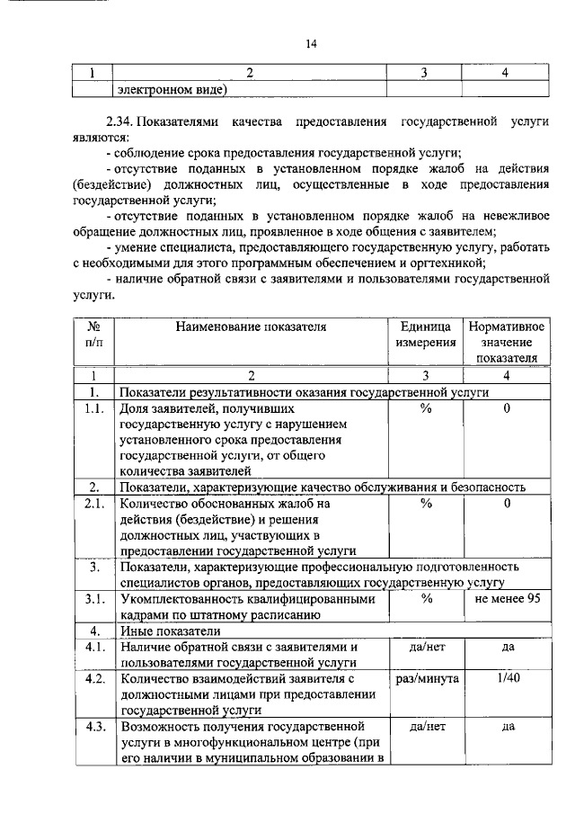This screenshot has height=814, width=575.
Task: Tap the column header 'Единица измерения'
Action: pos(425,334)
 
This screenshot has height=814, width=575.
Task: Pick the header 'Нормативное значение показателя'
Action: pos(507,342)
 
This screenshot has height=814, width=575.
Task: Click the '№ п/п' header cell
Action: pos(93,334)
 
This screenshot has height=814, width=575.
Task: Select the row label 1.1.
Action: pos(93,409)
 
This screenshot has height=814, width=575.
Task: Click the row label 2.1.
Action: pos(93,504)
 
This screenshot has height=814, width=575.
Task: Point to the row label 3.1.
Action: pos(93,599)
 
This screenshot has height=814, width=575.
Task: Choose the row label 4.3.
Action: pos(93,725)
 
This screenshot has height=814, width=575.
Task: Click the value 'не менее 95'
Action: pos(507,599)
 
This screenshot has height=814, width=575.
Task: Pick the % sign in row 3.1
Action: pos(425,599)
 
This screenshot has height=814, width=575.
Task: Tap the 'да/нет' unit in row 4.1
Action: pos(425,647)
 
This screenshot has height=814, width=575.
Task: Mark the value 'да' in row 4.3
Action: pos(507,725)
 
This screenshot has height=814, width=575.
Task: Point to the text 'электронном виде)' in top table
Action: pos(171,89)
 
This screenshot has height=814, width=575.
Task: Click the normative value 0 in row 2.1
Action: pos(507,504)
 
